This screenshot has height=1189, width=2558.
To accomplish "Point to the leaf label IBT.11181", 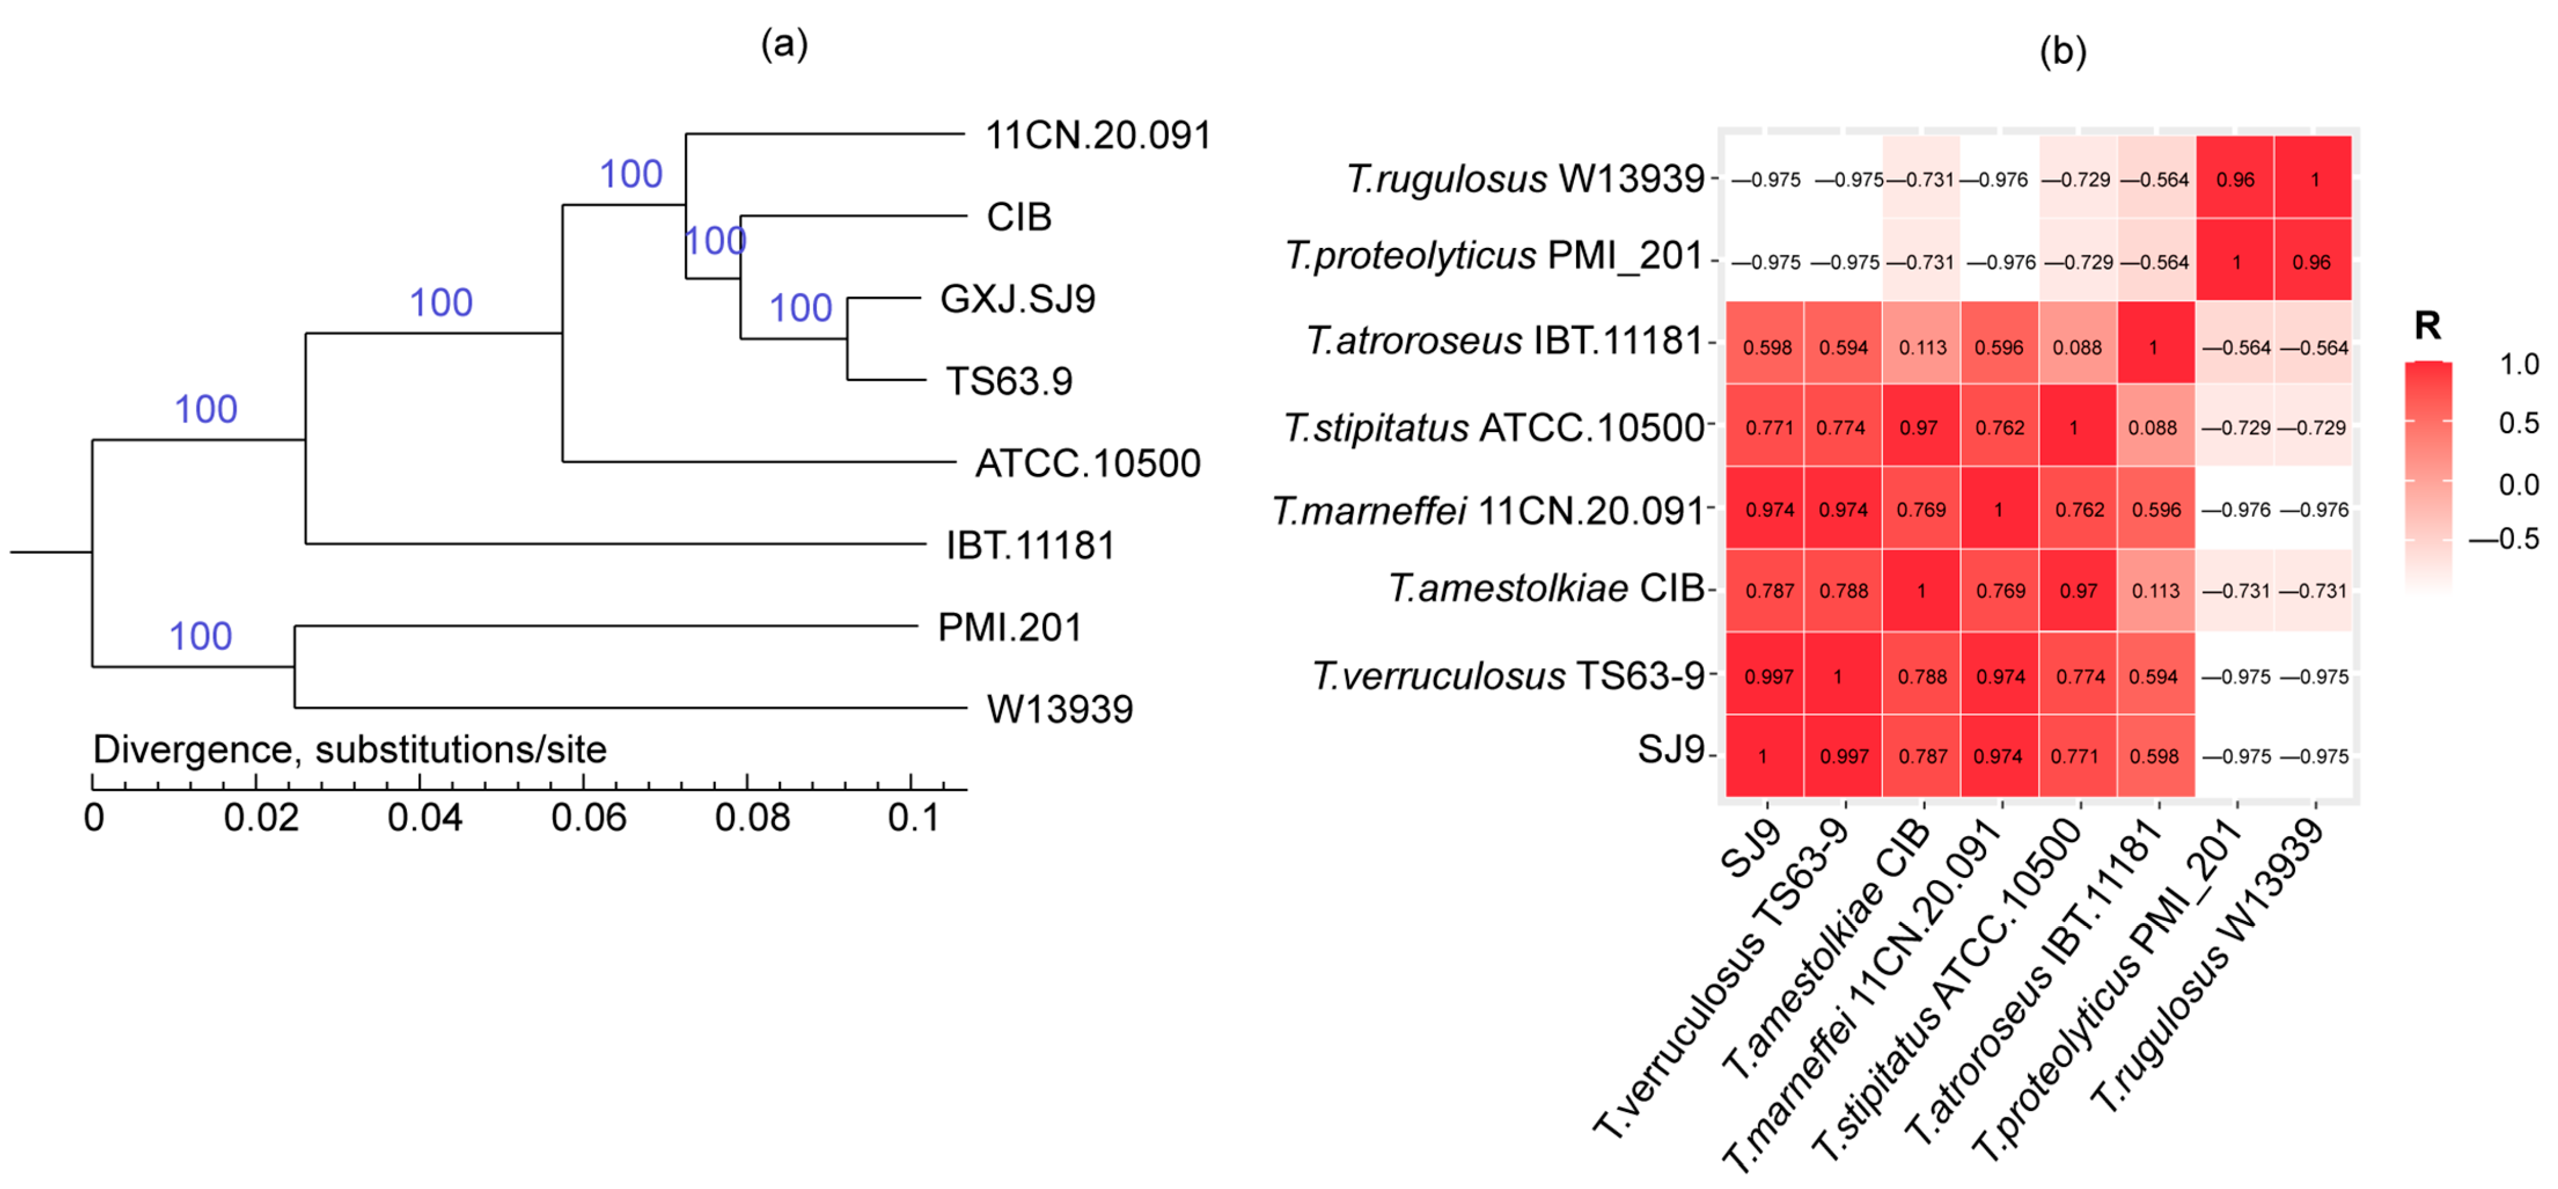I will point(1030,545).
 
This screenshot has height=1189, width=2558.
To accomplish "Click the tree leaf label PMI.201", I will point(1009,628).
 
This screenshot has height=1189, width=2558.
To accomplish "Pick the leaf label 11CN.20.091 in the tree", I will point(1097,135).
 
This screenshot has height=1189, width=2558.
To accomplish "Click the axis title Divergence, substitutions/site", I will point(350,750).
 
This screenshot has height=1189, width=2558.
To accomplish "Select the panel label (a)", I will point(785,44).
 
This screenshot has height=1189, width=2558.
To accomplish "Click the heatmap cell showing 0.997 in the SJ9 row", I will point(1844,757).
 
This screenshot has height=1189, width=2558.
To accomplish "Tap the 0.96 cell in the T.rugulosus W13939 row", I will point(2235,180).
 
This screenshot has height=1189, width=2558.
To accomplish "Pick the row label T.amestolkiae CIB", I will point(1546,588).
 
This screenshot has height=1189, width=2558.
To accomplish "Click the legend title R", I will point(2427,326).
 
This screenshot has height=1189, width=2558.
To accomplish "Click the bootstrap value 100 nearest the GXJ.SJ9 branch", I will point(801,308).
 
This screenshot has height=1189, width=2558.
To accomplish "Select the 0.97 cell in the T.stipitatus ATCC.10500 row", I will point(1919,428).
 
